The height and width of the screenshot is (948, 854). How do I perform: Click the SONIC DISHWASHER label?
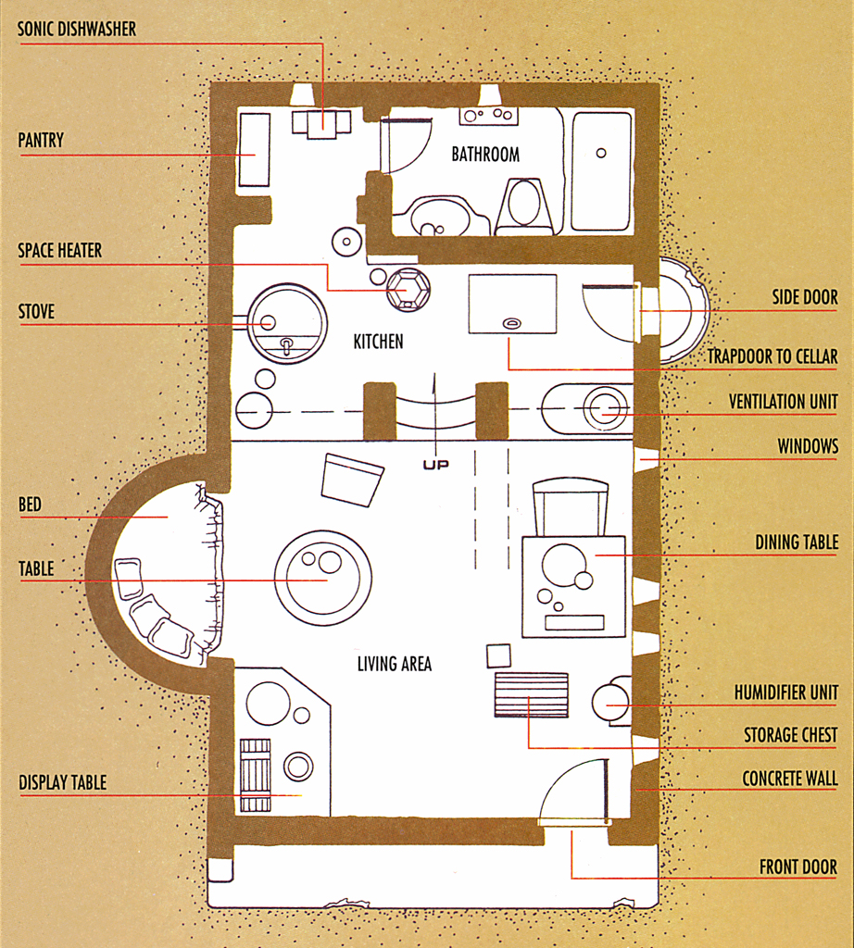coord(77,29)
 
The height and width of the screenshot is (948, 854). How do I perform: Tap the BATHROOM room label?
coord(485,155)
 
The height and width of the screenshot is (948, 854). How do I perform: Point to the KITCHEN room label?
coord(378,342)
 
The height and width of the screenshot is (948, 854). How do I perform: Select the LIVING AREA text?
coord(395,664)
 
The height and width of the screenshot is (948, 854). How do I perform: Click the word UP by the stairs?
coord(436,465)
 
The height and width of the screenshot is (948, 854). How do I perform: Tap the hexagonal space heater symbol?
coord(408,290)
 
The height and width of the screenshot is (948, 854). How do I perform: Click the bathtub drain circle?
coord(600,153)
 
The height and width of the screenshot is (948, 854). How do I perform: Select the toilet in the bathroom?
coord(523,206)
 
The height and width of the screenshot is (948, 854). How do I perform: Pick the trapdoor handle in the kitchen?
coord(512,323)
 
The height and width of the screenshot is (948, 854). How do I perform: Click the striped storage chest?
coord(532,694)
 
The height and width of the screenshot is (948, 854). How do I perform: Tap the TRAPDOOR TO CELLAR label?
coord(772,356)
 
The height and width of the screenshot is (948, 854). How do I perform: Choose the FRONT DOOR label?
coord(798,867)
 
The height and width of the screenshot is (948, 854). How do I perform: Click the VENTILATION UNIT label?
coord(784,402)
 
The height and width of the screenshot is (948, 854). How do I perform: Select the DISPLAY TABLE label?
coord(62,782)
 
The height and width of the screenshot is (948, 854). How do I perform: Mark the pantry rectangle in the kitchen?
coord(254,149)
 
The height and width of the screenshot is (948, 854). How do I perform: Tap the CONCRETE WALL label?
coord(790,778)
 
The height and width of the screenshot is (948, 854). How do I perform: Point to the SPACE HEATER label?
coord(59,250)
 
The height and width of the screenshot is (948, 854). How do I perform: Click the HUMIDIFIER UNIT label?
coord(786,692)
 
